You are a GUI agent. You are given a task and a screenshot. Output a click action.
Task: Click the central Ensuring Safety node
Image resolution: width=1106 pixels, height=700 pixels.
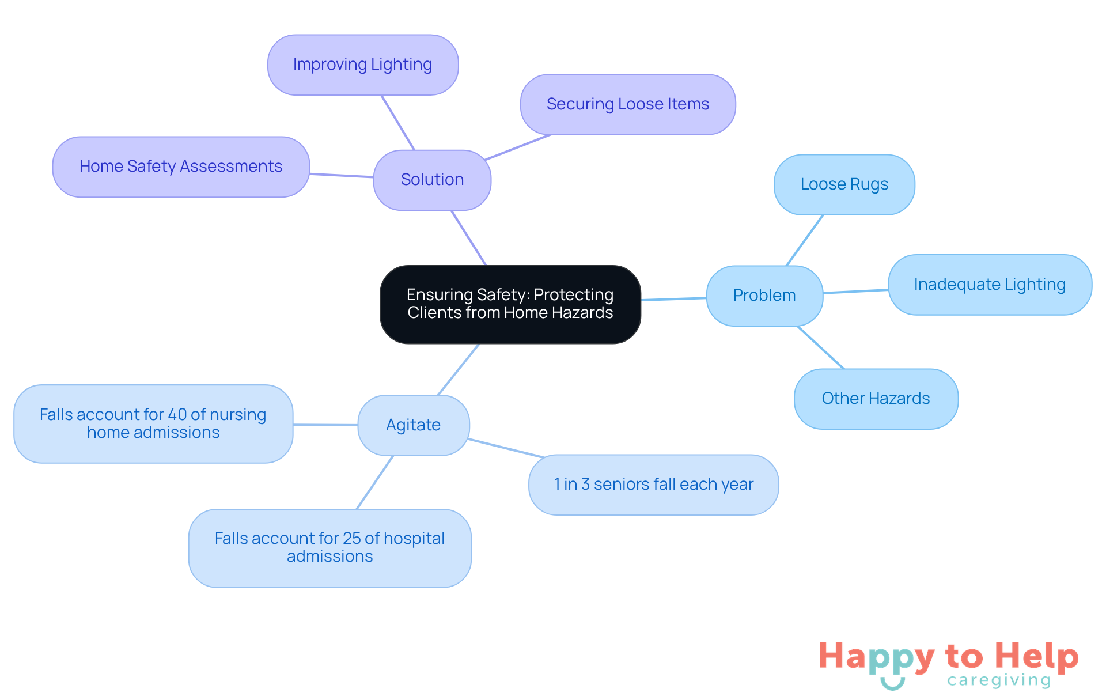pyautogui.click(x=510, y=304)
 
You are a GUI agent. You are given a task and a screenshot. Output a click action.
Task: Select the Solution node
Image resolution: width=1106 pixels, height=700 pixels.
pyautogui.click(x=432, y=180)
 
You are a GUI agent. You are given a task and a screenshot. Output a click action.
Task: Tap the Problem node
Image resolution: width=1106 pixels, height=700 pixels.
pyautogui.click(x=764, y=296)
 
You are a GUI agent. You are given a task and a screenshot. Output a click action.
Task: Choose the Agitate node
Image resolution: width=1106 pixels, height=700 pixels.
pyautogui.click(x=414, y=425)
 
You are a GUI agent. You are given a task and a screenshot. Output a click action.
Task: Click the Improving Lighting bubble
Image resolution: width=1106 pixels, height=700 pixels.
pyautogui.click(x=363, y=65)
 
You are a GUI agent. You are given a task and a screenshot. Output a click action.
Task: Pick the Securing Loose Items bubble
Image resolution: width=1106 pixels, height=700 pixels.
pyautogui.click(x=628, y=104)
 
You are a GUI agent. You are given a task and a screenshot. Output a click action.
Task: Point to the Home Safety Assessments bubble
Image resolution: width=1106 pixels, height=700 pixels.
pyautogui.click(x=181, y=167)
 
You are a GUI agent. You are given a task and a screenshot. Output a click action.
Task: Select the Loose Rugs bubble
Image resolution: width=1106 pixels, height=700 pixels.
pyautogui.click(x=844, y=184)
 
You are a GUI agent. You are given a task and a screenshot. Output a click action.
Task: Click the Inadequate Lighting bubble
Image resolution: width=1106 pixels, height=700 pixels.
pyautogui.click(x=990, y=285)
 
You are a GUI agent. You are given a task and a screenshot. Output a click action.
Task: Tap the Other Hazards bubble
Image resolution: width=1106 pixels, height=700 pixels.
pyautogui.click(x=876, y=399)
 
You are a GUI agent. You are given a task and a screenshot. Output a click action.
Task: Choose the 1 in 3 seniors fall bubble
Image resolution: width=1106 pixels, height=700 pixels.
pyautogui.click(x=653, y=485)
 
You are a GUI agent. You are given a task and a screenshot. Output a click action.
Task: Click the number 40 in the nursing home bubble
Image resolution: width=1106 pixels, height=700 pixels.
pyautogui.click(x=177, y=415)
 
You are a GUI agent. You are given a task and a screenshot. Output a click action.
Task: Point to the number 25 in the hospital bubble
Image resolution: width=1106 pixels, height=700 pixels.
pyautogui.click(x=351, y=539)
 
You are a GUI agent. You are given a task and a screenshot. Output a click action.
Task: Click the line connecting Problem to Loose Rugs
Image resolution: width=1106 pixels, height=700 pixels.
pyautogui.click(x=805, y=240)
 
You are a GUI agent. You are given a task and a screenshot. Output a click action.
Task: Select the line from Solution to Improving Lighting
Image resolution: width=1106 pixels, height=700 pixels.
pyautogui.click(x=398, y=123)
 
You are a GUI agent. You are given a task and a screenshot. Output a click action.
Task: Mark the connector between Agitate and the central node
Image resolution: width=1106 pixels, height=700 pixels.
pyautogui.click(x=459, y=369)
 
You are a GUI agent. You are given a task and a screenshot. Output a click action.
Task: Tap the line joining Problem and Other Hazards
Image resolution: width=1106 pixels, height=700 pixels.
pyautogui.click(x=820, y=347)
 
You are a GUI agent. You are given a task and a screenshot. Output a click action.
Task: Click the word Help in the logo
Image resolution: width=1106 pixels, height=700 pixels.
pyautogui.click(x=1037, y=657)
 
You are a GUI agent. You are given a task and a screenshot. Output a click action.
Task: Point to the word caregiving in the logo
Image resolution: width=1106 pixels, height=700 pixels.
pyautogui.click(x=999, y=680)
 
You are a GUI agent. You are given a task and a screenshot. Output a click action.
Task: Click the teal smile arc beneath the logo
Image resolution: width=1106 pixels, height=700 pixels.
pyautogui.click(x=893, y=685)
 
